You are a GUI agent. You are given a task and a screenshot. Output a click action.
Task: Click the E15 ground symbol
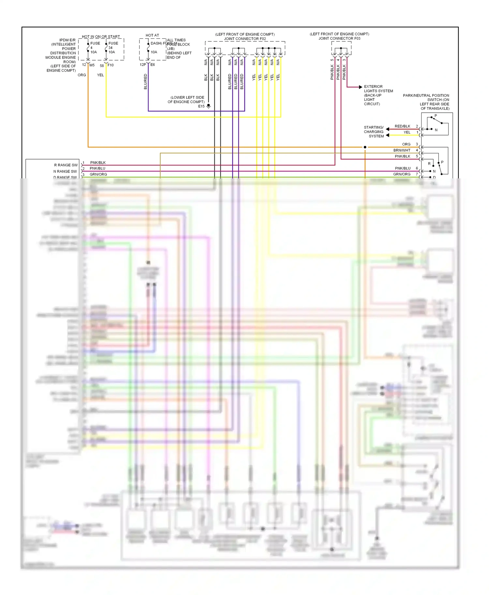click(x=209, y=106)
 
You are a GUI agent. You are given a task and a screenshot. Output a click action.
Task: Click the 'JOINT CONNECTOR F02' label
click(x=245, y=39)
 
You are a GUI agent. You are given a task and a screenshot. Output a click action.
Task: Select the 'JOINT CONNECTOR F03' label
click(x=339, y=38)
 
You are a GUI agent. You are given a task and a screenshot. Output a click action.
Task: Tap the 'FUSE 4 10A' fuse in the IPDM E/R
click(x=88, y=48)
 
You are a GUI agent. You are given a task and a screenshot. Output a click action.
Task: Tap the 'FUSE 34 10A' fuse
click(x=106, y=48)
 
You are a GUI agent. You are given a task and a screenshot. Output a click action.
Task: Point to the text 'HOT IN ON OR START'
click(x=101, y=36)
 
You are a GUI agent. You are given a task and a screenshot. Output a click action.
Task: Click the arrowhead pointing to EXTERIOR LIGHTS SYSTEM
click(x=360, y=87)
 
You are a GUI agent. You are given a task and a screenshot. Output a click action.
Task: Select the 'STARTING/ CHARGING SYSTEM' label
click(x=374, y=132)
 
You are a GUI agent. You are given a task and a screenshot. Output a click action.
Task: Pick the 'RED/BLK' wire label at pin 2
click(x=402, y=126)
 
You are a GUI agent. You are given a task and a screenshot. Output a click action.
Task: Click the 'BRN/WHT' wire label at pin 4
click(x=402, y=150)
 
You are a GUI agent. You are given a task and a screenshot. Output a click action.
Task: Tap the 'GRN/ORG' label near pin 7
click(x=402, y=174)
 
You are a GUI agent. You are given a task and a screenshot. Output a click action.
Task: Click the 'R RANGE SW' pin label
click(x=66, y=165)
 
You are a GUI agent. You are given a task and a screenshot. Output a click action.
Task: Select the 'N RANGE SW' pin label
click(x=65, y=171)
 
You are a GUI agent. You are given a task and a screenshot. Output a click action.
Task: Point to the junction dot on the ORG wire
click(x=365, y=147)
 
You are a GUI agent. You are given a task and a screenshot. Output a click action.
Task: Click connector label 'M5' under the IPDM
click(x=92, y=65)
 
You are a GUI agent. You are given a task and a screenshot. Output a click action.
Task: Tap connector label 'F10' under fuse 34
click(x=111, y=65)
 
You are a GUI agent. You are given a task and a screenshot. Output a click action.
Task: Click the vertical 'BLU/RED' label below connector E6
click(x=145, y=81)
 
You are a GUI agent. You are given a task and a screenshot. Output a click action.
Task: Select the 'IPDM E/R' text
click(x=67, y=40)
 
